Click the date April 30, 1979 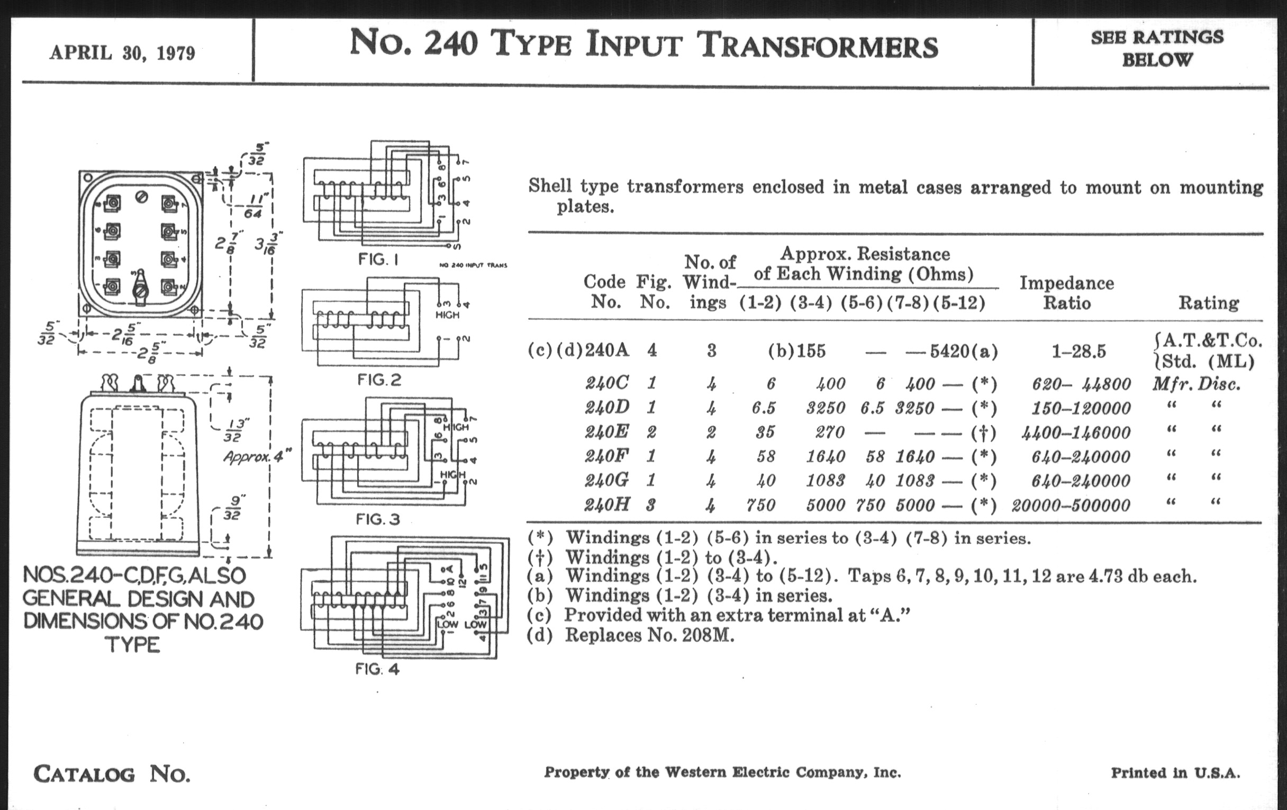click(x=122, y=53)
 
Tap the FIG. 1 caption click(x=378, y=260)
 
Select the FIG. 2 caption click(x=379, y=380)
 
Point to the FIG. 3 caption click(x=378, y=519)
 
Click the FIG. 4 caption click(x=377, y=669)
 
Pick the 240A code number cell click(x=606, y=350)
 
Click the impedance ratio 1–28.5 click(x=1078, y=352)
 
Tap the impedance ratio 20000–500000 click(x=1071, y=505)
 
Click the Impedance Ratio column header click(x=1066, y=292)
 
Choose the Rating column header click(x=1209, y=303)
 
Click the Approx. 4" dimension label click(x=257, y=456)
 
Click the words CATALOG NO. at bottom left click(x=112, y=773)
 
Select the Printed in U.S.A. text click(x=1175, y=772)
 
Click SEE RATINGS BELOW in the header click(x=1157, y=48)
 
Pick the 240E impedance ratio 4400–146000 click(x=1076, y=432)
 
